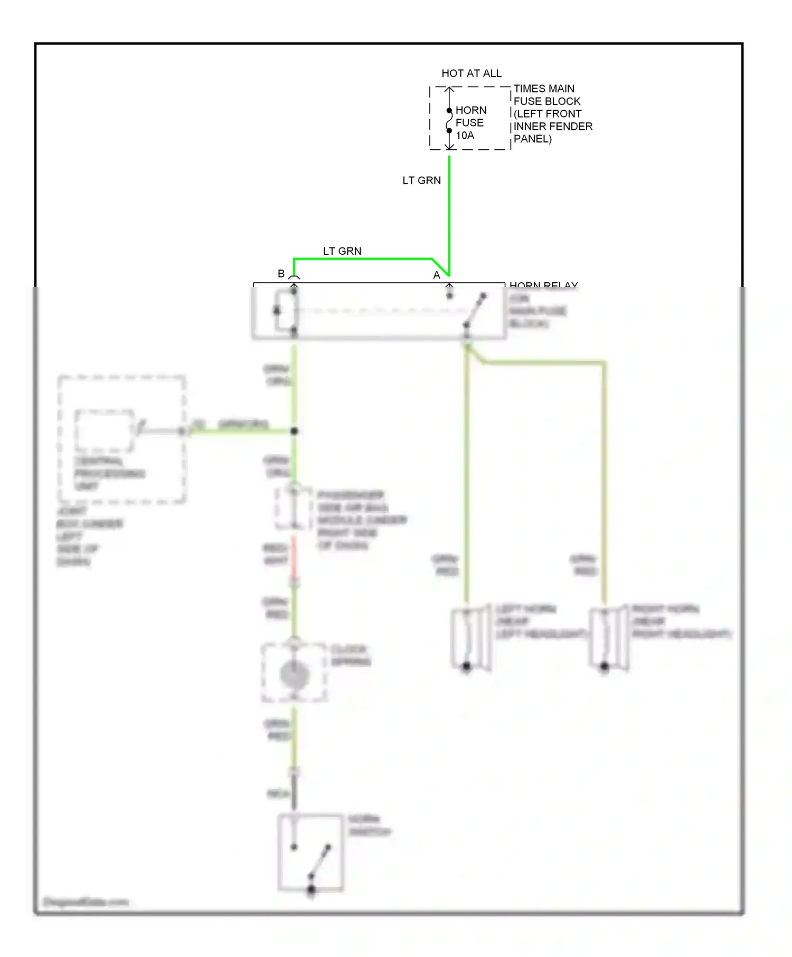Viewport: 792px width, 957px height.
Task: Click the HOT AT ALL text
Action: pyautogui.click(x=471, y=73)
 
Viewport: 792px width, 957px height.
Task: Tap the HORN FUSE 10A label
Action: pyautogui.click(x=470, y=122)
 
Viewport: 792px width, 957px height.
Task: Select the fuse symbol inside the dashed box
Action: pyautogui.click(x=449, y=121)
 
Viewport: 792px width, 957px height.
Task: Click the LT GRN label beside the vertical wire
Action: pyautogui.click(x=421, y=180)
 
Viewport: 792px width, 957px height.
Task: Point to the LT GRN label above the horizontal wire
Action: pyautogui.click(x=342, y=251)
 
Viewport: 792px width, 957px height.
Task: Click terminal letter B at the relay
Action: pyautogui.click(x=281, y=273)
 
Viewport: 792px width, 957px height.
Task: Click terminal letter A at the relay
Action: pyautogui.click(x=436, y=275)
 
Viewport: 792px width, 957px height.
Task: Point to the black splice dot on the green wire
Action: pyautogui.click(x=294, y=431)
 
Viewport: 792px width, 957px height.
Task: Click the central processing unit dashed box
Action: pyautogui.click(x=121, y=439)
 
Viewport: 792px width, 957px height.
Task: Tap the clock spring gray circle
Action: pyautogui.click(x=294, y=675)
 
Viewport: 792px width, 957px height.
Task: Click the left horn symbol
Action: pyautogui.click(x=469, y=638)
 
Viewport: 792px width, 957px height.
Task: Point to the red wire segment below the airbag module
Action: pyautogui.click(x=294, y=558)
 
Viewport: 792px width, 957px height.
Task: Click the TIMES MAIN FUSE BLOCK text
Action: pyautogui.click(x=552, y=113)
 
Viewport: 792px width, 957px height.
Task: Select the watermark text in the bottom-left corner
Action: pyautogui.click(x=86, y=902)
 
